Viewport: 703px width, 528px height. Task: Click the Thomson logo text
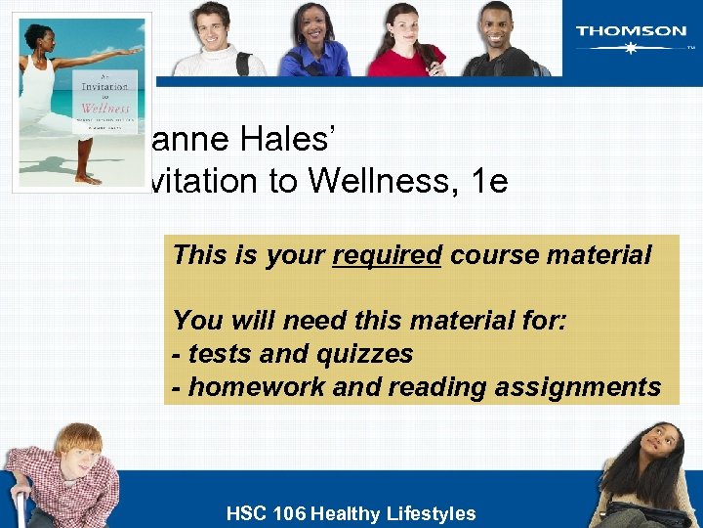pyautogui.click(x=631, y=30)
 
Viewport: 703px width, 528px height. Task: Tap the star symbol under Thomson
pyautogui.click(x=631, y=47)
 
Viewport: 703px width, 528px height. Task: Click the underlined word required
pyautogui.click(x=388, y=255)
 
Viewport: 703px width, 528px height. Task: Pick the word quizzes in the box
pyautogui.click(x=360, y=353)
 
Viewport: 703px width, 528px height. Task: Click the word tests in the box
pyautogui.click(x=217, y=353)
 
